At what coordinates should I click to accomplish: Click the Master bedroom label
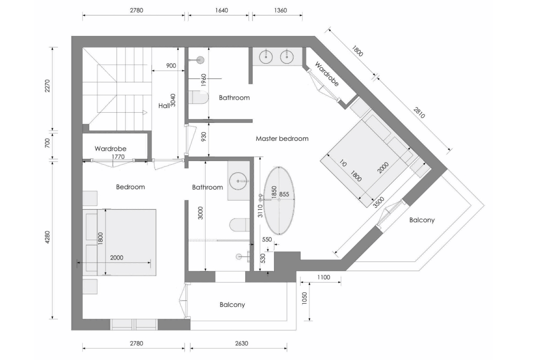(282, 139)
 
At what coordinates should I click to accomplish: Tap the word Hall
(164, 106)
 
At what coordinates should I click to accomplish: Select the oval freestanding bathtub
(279, 200)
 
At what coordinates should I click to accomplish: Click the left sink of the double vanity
(266, 56)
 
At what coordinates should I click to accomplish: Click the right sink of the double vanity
(287, 56)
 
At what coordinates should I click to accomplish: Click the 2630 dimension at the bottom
(241, 343)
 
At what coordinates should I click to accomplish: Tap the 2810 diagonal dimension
(419, 113)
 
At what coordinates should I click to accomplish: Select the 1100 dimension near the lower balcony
(324, 278)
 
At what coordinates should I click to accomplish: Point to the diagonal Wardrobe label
(327, 74)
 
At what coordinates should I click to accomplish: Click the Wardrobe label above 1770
(111, 149)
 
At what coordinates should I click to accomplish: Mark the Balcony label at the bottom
(232, 304)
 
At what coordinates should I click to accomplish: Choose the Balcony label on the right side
(422, 220)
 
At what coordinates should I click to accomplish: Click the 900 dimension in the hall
(171, 66)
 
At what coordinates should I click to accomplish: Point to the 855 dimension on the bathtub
(284, 195)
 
